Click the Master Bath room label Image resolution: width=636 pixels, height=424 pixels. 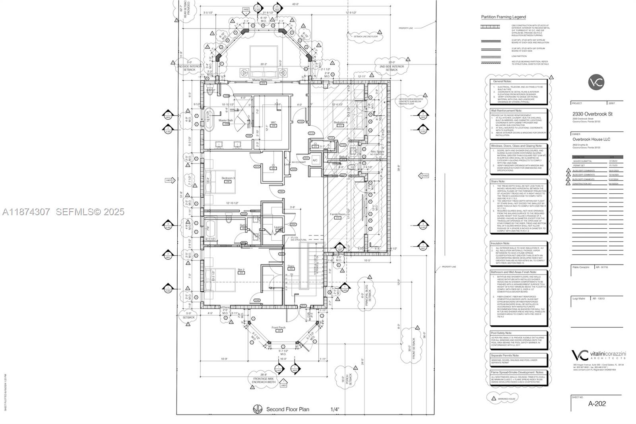(x=225, y=120)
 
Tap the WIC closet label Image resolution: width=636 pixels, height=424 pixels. (x=273, y=123)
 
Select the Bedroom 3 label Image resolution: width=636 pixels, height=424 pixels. (x=228, y=178)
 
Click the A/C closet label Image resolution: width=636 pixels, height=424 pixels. (x=315, y=160)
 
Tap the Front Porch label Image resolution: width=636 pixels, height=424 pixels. (x=279, y=328)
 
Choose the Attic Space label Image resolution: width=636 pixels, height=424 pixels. (x=377, y=152)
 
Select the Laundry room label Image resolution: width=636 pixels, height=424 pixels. (x=279, y=228)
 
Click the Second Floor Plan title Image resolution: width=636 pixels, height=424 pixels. (x=287, y=409)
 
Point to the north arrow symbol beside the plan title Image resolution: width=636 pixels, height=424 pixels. (x=258, y=409)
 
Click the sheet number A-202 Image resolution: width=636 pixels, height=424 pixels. (x=597, y=403)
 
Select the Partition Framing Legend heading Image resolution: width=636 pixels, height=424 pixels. (x=503, y=17)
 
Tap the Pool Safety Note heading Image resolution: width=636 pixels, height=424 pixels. (x=501, y=333)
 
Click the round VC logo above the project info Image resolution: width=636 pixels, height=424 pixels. (x=596, y=82)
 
